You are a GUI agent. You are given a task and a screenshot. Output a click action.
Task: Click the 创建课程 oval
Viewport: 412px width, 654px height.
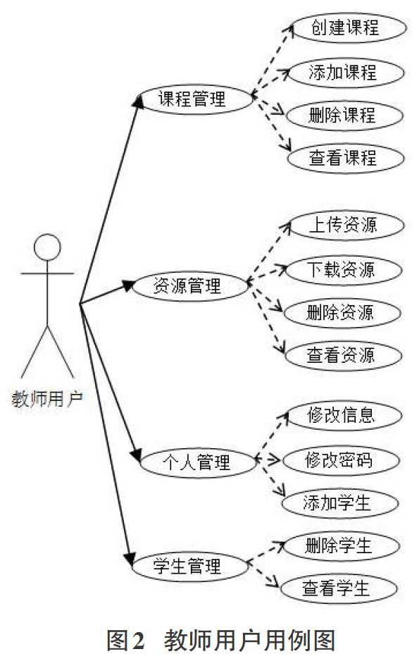click(x=348, y=28)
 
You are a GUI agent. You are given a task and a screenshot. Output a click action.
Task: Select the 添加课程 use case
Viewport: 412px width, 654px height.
click(x=346, y=73)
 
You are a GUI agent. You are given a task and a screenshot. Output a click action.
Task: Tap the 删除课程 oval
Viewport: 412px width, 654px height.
click(x=344, y=116)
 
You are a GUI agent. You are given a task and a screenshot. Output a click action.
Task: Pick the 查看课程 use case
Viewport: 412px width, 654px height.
click(x=346, y=159)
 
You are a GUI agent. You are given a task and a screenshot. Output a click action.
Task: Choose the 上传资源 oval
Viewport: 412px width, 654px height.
click(x=346, y=226)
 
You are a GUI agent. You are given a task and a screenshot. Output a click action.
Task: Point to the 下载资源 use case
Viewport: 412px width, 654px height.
click(x=344, y=271)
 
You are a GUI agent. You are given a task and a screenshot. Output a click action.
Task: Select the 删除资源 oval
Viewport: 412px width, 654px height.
click(x=343, y=313)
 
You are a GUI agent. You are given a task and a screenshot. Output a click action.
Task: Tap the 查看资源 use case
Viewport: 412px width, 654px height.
click(x=344, y=356)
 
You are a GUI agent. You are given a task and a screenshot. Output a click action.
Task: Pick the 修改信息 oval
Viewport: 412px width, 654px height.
click(x=344, y=416)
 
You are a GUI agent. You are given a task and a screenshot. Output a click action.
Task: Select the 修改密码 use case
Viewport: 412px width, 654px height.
click(x=342, y=461)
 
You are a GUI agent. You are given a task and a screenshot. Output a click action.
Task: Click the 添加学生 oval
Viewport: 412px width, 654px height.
click(x=340, y=503)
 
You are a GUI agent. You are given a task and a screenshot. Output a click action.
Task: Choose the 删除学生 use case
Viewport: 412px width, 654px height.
click(x=341, y=546)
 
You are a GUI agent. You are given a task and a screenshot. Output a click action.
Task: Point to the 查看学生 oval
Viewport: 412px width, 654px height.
click(x=338, y=589)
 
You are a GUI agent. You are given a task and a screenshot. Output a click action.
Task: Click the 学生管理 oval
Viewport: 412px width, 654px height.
click(x=190, y=567)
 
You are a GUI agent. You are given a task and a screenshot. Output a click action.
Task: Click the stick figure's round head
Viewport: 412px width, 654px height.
click(x=48, y=247)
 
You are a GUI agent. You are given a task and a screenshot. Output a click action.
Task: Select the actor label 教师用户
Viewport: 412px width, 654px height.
click(x=47, y=399)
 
